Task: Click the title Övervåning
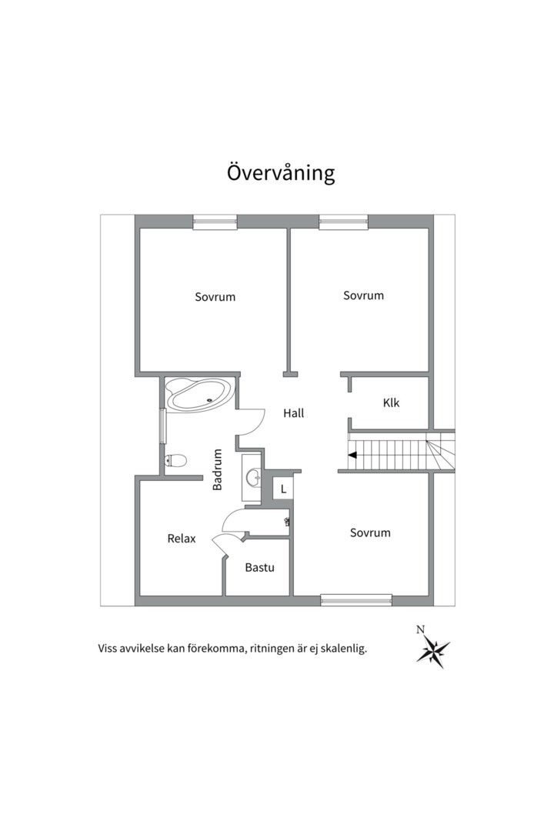281,172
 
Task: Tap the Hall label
293,413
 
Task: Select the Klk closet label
391,403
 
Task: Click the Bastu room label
259,568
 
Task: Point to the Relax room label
182,539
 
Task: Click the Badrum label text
218,469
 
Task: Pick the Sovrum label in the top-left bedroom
215,296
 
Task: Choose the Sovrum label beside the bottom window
370,532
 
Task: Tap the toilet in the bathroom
176,461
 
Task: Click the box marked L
283,489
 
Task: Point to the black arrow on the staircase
352,456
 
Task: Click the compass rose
433,652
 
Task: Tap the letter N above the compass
420,629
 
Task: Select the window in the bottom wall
356,599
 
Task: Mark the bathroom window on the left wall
162,426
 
